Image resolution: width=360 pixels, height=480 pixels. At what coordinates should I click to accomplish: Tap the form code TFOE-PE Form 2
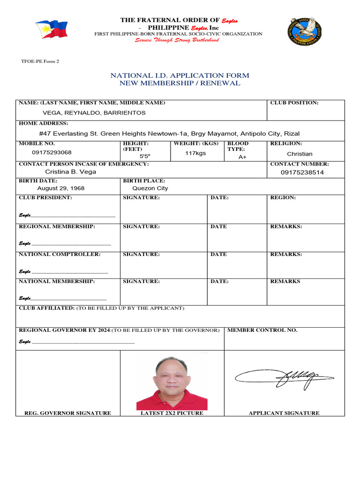(40, 61)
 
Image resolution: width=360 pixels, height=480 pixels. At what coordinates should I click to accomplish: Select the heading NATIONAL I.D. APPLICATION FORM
(180, 75)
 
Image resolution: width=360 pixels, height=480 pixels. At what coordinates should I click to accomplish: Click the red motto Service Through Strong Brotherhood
(177, 40)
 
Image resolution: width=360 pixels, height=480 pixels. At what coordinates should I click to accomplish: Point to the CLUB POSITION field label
(294, 103)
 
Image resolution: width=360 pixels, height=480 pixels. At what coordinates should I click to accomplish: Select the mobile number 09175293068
(52, 152)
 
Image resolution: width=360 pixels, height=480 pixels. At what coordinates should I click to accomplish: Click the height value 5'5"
(145, 156)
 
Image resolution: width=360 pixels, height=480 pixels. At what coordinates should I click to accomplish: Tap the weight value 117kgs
(195, 153)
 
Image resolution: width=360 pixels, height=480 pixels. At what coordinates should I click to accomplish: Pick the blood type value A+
(242, 157)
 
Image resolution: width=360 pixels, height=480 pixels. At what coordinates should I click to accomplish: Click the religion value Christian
(300, 154)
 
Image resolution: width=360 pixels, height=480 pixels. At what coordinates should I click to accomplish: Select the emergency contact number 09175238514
(302, 172)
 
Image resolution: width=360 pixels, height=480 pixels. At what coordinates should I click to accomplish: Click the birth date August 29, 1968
(61, 188)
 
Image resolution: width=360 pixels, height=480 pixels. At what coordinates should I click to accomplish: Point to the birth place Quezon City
(150, 188)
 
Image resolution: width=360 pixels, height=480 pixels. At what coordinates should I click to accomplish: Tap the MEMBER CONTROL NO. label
(262, 330)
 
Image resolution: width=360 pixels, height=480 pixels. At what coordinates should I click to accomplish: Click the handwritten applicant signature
(284, 376)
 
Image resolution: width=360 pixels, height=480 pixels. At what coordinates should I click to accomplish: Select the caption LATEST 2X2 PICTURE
(172, 413)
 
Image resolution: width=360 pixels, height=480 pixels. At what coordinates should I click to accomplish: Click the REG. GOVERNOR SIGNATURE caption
(67, 413)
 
